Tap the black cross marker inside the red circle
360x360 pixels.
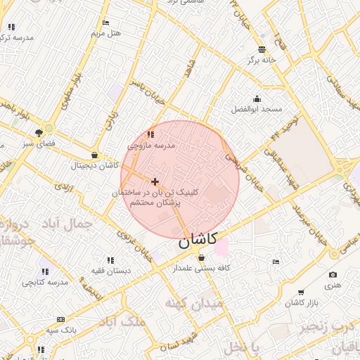click(155, 181)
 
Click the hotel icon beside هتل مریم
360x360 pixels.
click(105, 22)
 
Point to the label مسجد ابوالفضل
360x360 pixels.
click(257, 110)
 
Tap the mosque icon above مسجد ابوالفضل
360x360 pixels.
click(257, 98)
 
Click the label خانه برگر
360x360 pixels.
click(262, 60)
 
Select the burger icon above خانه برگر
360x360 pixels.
click(262, 49)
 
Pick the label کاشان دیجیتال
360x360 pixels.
click(94, 166)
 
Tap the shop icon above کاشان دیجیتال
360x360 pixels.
click(94, 155)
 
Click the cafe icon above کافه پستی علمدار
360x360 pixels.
click(202, 257)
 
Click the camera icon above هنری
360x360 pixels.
click(333, 275)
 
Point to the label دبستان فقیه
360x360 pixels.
click(109, 271)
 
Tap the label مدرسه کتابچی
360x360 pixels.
click(45, 282)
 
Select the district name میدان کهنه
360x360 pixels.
click(193, 303)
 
